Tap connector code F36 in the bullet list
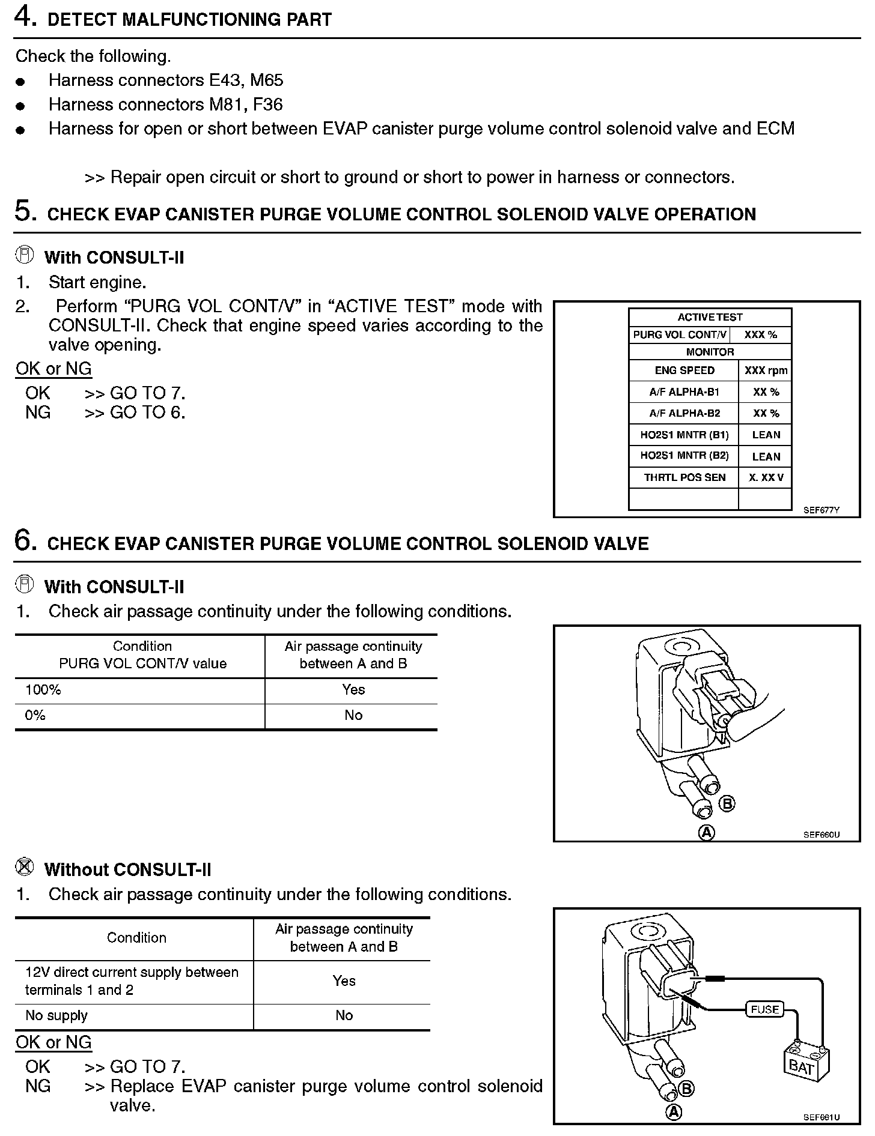tap(267, 104)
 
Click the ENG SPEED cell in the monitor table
tap(684, 370)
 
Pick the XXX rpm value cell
tap(766, 370)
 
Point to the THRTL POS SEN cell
tap(684, 477)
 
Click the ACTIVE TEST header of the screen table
tap(710, 317)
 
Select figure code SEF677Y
tap(822, 510)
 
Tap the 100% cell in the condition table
tap(43, 690)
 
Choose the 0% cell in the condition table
tap(35, 715)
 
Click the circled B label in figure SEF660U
tap(727, 803)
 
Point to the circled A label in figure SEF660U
tap(707, 832)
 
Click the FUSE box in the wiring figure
tap(765, 1009)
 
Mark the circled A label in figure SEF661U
tap(674, 1113)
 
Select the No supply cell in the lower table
tap(56, 1015)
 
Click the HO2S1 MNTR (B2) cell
tap(684, 456)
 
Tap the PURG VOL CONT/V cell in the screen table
tap(680, 334)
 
